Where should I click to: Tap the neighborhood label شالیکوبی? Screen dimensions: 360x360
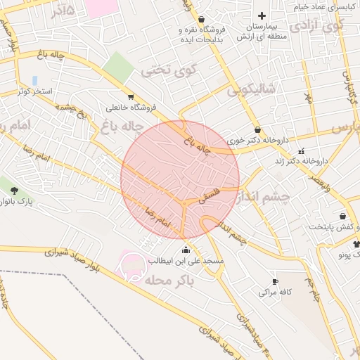pos(253,90)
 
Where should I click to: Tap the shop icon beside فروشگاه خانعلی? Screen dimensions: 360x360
pos(131,97)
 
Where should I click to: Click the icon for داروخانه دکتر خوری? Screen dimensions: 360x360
pos(259,129)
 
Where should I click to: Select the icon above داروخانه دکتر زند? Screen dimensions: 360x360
pos(302,151)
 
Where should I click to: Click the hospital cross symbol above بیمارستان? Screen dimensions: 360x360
pos(262,15)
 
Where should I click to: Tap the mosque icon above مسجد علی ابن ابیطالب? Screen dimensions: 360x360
pos(186,250)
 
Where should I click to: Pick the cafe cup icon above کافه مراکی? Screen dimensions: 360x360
pos(275,281)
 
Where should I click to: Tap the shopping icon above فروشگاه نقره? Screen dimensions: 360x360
pos(202,20)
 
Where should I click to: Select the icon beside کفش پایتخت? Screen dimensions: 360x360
pos(342,216)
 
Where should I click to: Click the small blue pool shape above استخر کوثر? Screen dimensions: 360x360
pos(34,81)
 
